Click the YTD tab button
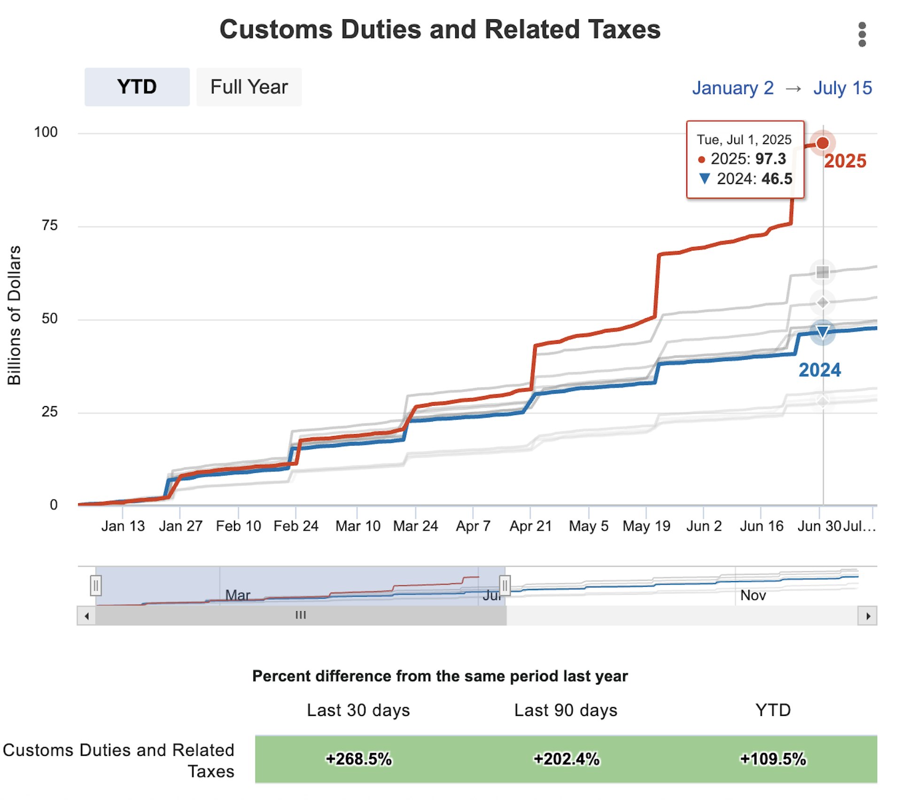tap(137, 87)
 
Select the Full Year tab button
tap(249, 87)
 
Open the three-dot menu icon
tap(862, 34)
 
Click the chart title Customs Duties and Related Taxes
tap(440, 29)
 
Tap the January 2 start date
tap(732, 88)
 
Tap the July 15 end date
tap(842, 88)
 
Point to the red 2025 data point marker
tap(822, 143)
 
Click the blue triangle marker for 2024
tap(822, 332)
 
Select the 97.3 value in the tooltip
tap(770, 159)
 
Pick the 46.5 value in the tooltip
tap(777, 179)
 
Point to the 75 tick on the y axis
tap(49, 225)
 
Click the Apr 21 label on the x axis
tap(530, 526)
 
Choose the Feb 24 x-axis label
tap(296, 526)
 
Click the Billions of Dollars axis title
tap(14, 315)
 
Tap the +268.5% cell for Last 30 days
tap(359, 759)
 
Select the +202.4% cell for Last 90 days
tap(567, 759)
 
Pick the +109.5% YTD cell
tap(773, 759)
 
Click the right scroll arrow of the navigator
tap(868, 616)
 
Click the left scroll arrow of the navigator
tap(86, 616)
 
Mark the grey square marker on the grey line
tap(822, 272)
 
